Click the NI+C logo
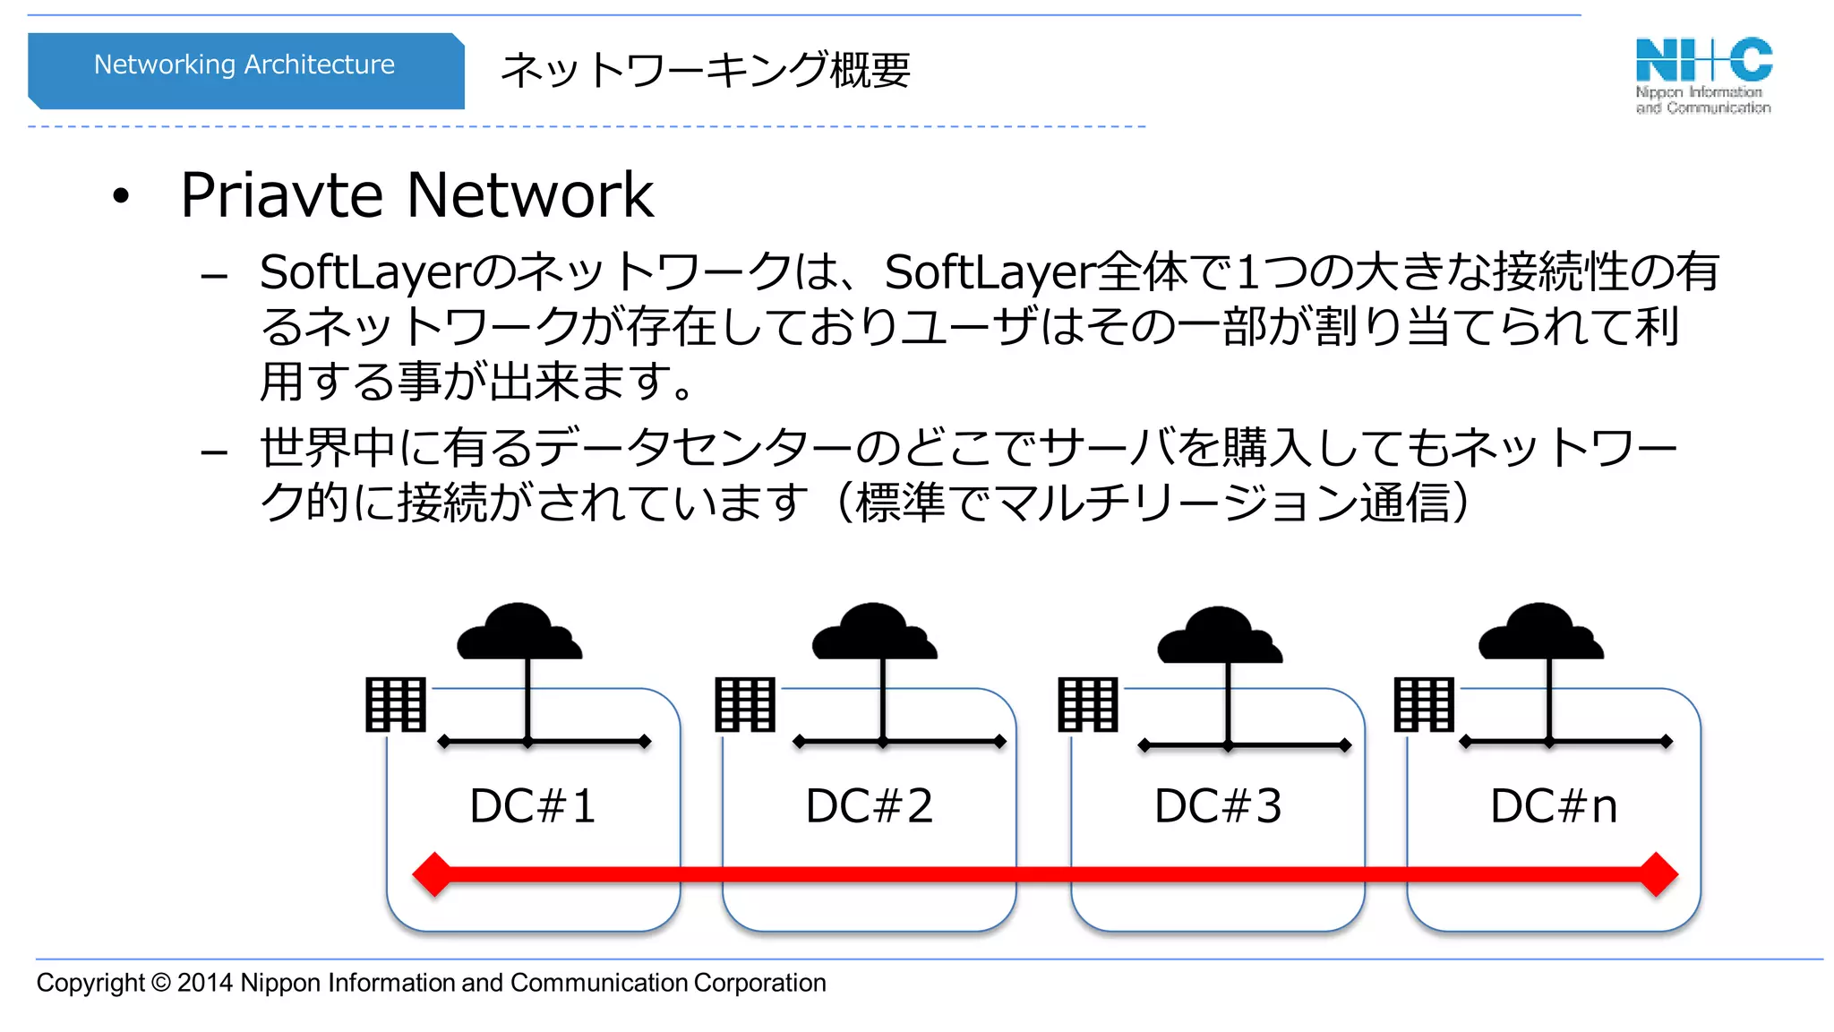click(1703, 75)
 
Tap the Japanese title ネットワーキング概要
click(705, 70)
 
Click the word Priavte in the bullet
click(281, 195)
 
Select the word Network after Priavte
click(530, 195)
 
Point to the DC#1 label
click(533, 805)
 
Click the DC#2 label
click(869, 805)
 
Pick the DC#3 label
click(1218, 805)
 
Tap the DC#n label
click(1554, 805)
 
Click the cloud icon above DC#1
click(519, 632)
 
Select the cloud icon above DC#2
click(874, 632)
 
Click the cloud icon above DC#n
click(1540, 632)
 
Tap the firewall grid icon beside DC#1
click(395, 705)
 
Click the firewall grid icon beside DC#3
click(1088, 705)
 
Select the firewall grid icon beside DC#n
click(1424, 705)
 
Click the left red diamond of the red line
click(433, 874)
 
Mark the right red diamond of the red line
click(1658, 874)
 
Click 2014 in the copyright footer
click(205, 983)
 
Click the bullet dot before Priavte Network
click(121, 196)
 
